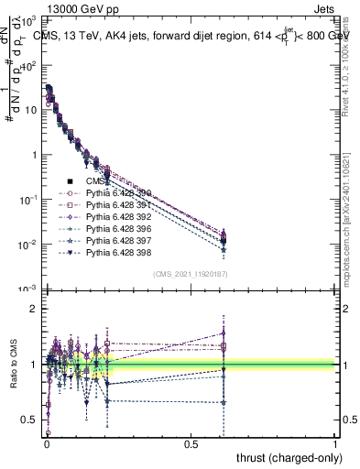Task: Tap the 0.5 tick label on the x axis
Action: coord(191,442)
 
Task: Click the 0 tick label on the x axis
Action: coord(47,442)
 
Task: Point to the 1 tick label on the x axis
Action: coord(335,442)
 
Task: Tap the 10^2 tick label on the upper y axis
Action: coord(30,65)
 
